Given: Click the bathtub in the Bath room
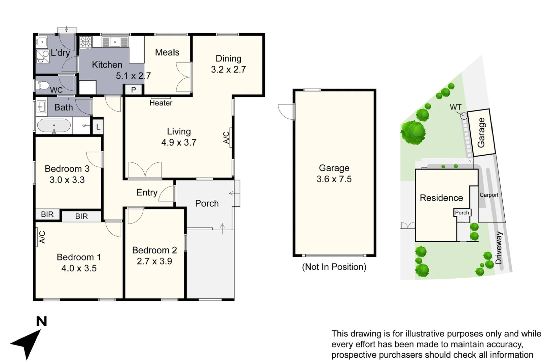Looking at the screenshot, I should [54, 126].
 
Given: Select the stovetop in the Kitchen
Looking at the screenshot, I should [85, 42].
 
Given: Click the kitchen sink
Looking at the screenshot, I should [115, 42].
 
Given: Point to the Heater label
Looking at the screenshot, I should [161, 103].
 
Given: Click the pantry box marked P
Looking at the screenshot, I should [134, 90].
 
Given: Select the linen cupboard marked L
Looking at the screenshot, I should [98, 127].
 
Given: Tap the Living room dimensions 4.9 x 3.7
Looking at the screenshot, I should [179, 143].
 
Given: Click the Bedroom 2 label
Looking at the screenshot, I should [154, 250].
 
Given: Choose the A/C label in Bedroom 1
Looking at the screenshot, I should [42, 237].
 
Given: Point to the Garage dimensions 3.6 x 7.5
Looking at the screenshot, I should [334, 179].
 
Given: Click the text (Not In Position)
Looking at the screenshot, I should [334, 267].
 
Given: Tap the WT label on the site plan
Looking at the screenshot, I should [456, 107].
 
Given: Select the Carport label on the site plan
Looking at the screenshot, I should [489, 195].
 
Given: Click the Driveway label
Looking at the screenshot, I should [499, 248].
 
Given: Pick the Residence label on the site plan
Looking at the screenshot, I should [441, 198].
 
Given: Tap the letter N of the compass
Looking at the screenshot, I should [41, 321].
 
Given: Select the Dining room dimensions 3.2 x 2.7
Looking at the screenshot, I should [228, 70].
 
